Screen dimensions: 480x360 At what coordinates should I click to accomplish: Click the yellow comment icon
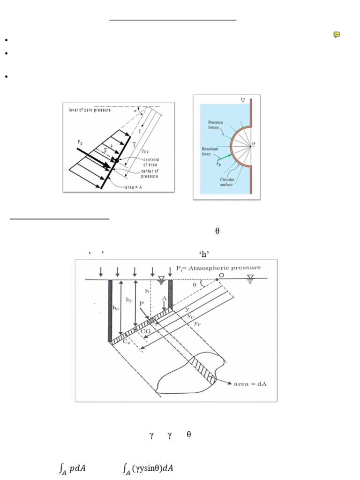[337, 34]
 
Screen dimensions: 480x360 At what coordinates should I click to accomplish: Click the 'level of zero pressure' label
[90, 110]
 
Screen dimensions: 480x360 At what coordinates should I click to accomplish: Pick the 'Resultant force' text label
[207, 150]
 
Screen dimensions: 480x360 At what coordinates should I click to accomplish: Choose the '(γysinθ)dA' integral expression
[148, 469]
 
